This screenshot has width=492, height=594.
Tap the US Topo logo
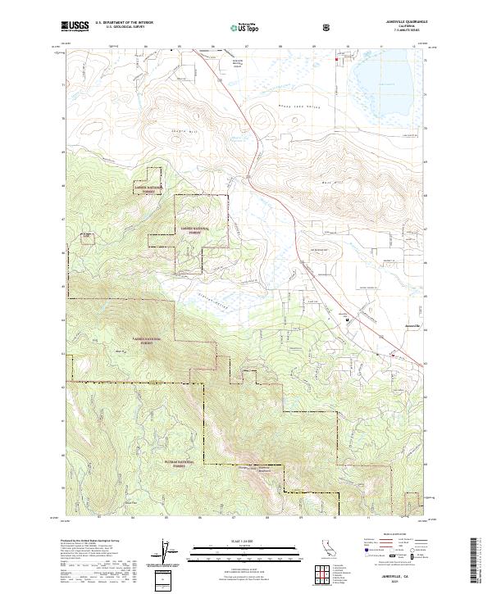coord(235,27)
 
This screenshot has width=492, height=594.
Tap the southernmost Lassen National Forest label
coord(141,341)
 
